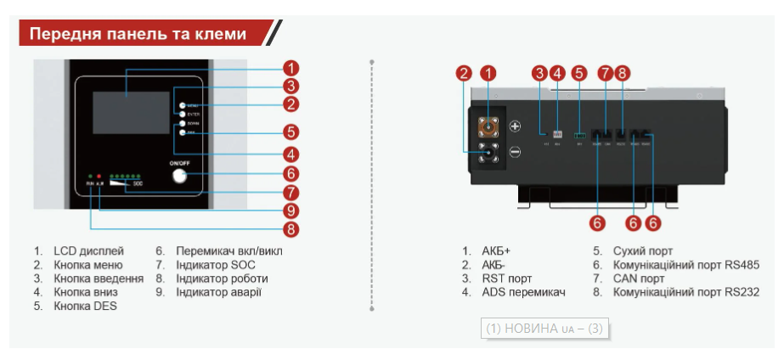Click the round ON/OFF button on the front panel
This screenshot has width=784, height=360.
(178, 176)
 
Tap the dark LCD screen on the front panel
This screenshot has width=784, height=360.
(127, 106)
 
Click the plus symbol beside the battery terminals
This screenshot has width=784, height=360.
(515, 127)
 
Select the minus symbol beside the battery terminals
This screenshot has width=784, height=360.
(515, 153)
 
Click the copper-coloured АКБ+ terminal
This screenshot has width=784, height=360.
(488, 127)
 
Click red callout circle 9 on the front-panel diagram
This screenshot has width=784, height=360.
(290, 211)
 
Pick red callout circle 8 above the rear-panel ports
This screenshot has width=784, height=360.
(622, 73)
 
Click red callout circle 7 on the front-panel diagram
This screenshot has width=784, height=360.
(290, 193)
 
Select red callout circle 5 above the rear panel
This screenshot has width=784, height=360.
(578, 73)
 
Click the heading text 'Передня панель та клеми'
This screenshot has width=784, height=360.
(138, 34)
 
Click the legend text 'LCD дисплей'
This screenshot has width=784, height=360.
(88, 251)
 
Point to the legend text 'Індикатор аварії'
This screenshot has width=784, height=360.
(218, 292)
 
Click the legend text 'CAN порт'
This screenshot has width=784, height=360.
(639, 278)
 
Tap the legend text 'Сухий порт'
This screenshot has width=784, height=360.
(643, 251)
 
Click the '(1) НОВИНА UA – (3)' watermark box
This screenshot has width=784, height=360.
(544, 329)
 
